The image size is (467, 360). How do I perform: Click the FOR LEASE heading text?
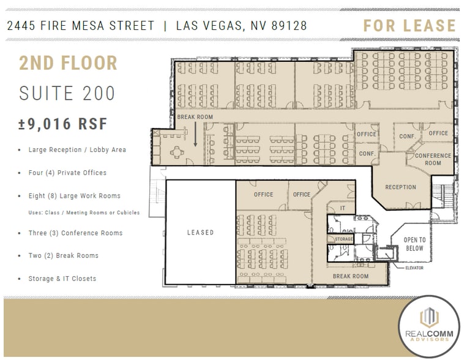(x=409, y=26)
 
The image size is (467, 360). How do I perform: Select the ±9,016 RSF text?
(x=63, y=124)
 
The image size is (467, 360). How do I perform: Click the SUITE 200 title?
(x=67, y=94)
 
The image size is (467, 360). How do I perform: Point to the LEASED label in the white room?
(x=200, y=233)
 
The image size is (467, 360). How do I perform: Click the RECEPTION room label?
(x=400, y=187)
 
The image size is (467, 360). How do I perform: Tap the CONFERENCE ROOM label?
(x=433, y=159)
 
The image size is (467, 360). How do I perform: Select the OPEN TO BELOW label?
(x=414, y=244)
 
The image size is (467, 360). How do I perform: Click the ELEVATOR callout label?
(x=414, y=268)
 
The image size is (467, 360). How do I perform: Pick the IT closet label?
(x=343, y=209)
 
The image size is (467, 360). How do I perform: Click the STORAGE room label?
(x=344, y=239)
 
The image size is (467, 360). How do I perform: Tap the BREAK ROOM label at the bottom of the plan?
(x=350, y=277)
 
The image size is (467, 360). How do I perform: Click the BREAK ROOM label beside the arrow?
(x=195, y=117)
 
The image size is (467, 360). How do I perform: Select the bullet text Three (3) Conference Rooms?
(x=75, y=233)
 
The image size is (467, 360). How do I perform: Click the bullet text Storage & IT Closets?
(x=62, y=279)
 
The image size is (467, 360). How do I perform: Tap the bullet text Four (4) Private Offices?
(x=67, y=173)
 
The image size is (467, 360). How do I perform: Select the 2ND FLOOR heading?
(x=68, y=63)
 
